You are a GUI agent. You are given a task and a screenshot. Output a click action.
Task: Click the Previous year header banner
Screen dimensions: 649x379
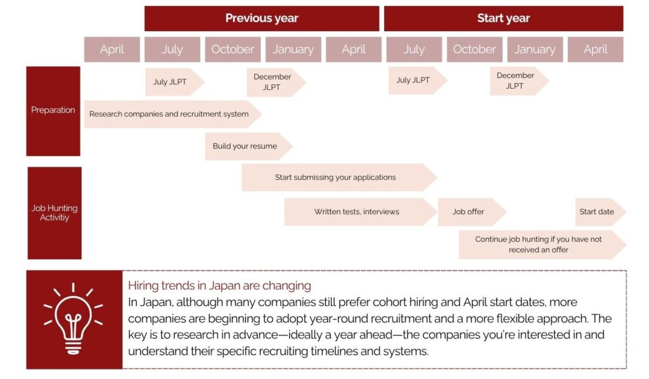coord(262,18)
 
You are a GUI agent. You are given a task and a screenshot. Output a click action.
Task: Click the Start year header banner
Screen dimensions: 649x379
coord(503,18)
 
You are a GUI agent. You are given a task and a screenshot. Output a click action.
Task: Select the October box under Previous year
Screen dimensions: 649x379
coord(233,49)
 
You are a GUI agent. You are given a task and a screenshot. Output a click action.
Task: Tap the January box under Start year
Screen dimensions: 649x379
coord(535,49)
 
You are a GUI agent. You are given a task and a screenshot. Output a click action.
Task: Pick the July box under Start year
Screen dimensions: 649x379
coord(414,49)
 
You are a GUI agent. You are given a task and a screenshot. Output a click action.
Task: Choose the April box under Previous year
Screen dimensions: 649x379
coord(354,49)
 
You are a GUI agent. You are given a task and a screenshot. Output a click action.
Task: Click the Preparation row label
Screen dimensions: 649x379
coord(53,111)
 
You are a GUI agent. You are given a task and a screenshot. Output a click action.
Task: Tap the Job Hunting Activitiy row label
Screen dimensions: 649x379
coord(55,213)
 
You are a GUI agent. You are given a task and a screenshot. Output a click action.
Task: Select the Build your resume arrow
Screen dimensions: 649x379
coord(248,146)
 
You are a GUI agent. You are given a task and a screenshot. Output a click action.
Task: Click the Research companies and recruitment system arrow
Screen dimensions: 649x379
coord(173,114)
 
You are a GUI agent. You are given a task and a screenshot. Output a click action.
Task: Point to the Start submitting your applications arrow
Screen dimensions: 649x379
coord(340,177)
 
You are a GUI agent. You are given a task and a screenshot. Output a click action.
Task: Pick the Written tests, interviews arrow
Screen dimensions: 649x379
coord(361,212)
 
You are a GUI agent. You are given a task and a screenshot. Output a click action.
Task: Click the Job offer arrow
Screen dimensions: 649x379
coord(472,212)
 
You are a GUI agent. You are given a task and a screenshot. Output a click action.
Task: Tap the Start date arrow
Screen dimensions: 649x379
coord(601,212)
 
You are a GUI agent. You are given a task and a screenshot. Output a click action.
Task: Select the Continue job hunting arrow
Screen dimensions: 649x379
coord(543,245)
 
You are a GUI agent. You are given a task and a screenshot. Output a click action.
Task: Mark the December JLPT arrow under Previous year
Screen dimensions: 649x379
coord(276,82)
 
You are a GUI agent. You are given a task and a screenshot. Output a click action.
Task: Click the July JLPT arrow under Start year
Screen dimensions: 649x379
coord(418,80)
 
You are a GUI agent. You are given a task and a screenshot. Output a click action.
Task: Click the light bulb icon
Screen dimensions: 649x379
coord(74,319)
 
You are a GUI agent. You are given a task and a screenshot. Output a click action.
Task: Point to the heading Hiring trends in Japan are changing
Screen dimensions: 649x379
coord(219,285)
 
